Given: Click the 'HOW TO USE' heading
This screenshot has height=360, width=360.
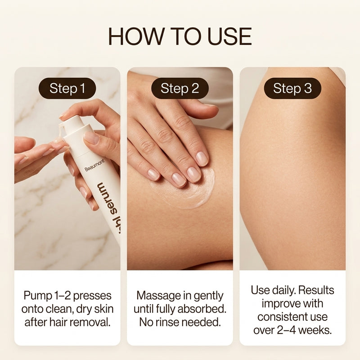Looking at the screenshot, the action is coord(180,36).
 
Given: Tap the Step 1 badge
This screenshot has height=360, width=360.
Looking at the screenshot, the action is coord(67,88).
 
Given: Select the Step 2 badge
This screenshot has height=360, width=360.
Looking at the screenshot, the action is coord(180,88).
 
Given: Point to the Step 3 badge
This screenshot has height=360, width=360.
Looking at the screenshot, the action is coord(292,88).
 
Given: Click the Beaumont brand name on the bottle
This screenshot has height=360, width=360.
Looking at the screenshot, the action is coord(94,165).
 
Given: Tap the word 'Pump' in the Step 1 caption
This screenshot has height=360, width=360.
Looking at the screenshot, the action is coord(38,296).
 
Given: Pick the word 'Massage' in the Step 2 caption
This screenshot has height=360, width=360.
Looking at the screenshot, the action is coord(156,296).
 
